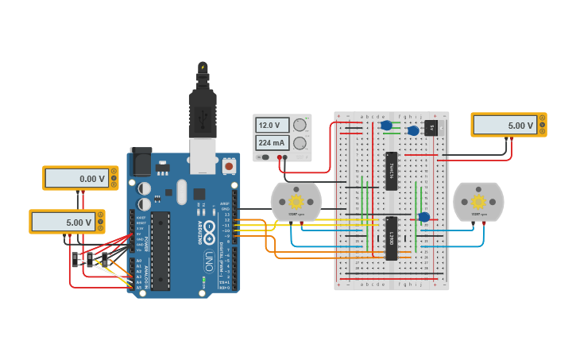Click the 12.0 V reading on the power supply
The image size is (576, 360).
(x=269, y=126)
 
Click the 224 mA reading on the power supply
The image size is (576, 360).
(x=269, y=143)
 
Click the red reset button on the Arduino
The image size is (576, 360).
(x=229, y=166)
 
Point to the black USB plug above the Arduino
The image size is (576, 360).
(x=203, y=111)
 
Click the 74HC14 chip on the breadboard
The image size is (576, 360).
(x=391, y=171)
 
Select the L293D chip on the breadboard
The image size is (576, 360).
(x=391, y=238)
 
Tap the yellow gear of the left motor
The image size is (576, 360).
(x=296, y=202)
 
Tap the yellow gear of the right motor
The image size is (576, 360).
(x=478, y=202)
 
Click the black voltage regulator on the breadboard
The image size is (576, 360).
(x=431, y=127)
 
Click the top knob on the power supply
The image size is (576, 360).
(x=300, y=126)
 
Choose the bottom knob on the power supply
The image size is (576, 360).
(x=300, y=143)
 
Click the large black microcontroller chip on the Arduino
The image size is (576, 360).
(x=160, y=250)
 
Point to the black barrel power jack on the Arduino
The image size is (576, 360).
(x=140, y=162)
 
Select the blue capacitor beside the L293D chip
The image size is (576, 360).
(x=424, y=217)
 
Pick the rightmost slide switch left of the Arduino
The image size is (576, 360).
(x=104, y=260)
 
